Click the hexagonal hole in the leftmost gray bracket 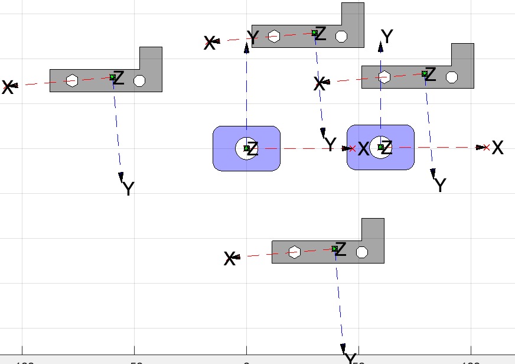coord(72,80)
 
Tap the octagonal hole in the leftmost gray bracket coord(139,80)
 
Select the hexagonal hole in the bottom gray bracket coord(294,252)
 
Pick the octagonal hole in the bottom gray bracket coord(362,252)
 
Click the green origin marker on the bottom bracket coord(334,249)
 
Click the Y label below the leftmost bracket coord(128,189)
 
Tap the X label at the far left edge coord(7,88)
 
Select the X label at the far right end coord(498,148)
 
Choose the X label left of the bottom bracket coord(230,258)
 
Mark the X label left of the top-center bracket coord(210,43)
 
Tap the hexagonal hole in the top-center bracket coord(273,37)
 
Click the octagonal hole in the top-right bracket coord(452,77)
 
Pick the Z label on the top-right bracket coord(430,74)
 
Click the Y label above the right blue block coord(387,37)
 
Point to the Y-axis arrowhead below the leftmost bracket coord(121,177)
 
